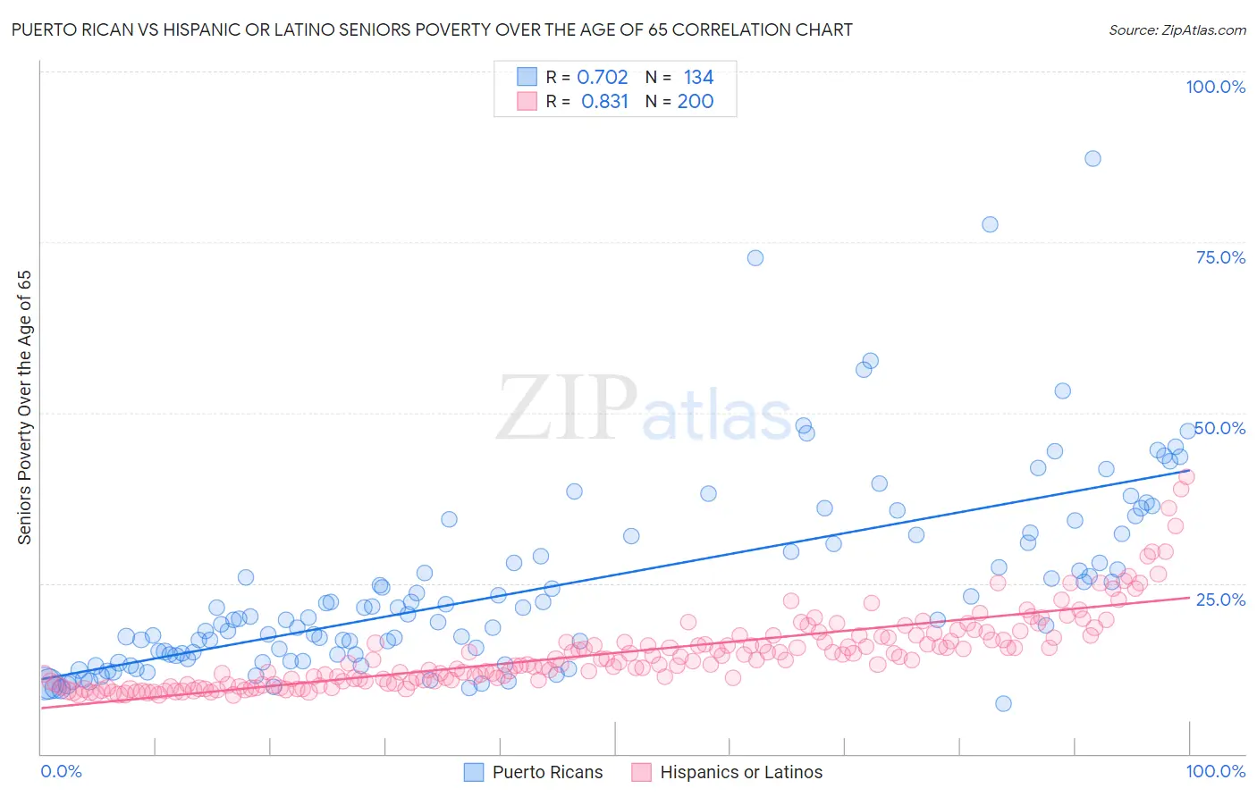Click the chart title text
(432, 29)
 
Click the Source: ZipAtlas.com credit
(1177, 29)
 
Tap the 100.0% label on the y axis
(1215, 87)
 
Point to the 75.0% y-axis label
(1220, 257)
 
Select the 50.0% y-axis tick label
(1220, 428)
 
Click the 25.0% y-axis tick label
(1220, 599)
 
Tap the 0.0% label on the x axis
(61, 771)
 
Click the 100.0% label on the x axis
(1215, 771)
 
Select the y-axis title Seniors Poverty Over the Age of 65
(25, 407)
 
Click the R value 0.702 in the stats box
(602, 77)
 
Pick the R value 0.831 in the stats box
(604, 101)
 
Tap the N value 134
(698, 77)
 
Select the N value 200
(695, 101)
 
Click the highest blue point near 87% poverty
(1092, 158)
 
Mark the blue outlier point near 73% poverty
(755, 257)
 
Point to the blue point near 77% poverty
(990, 224)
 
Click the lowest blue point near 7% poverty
(1003, 703)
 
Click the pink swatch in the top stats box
(527, 101)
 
